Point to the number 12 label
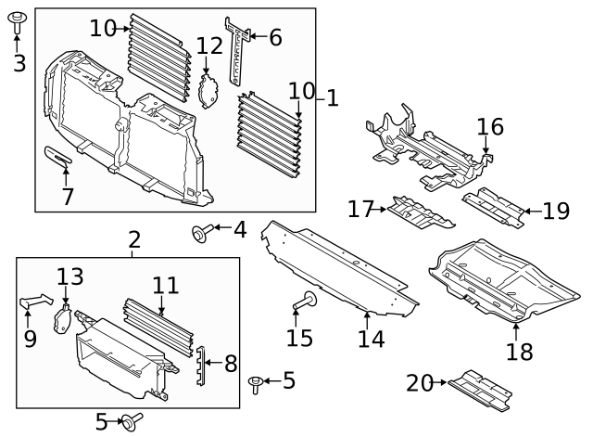click(209, 45)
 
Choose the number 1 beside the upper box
click(333, 96)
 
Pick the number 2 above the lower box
click(134, 240)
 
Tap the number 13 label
click(70, 276)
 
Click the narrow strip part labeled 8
click(198, 366)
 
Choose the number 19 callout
click(556, 212)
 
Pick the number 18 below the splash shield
click(520, 352)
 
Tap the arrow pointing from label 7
click(65, 176)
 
